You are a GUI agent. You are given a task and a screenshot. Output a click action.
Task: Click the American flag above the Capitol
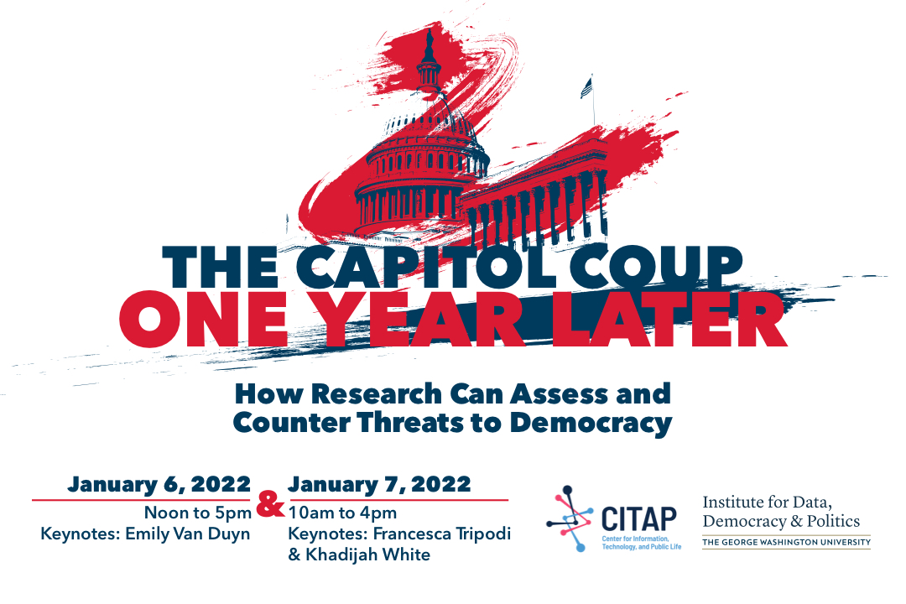tap(586, 88)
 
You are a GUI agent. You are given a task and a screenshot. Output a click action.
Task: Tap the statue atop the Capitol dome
tap(429, 39)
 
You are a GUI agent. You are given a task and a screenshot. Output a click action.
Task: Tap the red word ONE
tap(203, 319)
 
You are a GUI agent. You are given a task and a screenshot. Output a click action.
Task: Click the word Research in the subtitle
tap(377, 394)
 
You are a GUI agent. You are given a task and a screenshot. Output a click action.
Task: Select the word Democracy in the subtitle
tap(591, 423)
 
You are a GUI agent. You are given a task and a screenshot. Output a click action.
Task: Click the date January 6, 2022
tap(159, 484)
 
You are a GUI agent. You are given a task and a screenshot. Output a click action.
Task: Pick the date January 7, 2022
tap(380, 484)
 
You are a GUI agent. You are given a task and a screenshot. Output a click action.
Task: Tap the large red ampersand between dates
tap(270, 504)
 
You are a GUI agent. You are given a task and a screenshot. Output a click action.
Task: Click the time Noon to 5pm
tap(198, 513)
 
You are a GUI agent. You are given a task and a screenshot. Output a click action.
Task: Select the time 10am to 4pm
tap(342, 513)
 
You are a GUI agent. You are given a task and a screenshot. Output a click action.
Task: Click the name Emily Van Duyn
tap(188, 534)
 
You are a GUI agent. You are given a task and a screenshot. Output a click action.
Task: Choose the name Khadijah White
tap(368, 555)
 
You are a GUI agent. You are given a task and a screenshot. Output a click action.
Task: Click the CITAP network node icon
tap(570, 518)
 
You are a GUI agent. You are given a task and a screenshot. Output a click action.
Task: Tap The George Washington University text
tap(786, 542)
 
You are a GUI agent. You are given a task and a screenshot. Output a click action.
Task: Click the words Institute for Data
tap(768, 502)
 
